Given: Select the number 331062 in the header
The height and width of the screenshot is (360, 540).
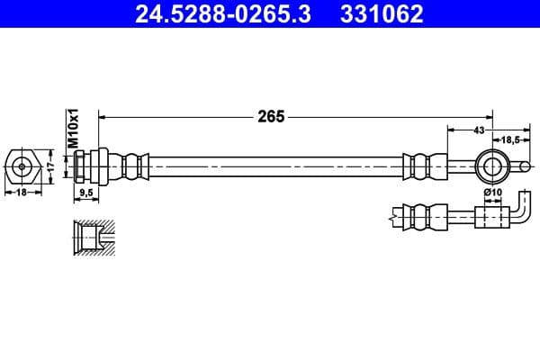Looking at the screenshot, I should point(382,14).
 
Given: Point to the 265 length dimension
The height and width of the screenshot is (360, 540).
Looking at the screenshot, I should point(270,116).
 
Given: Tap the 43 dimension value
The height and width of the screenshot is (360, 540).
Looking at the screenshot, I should point(478,131).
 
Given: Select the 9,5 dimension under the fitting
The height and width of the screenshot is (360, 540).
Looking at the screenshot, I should point(87,193).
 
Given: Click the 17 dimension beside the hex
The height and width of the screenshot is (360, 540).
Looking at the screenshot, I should point(51,166).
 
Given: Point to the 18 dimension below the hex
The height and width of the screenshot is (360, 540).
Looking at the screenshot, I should point(21,193).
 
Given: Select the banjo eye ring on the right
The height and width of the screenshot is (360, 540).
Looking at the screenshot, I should point(492,165).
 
